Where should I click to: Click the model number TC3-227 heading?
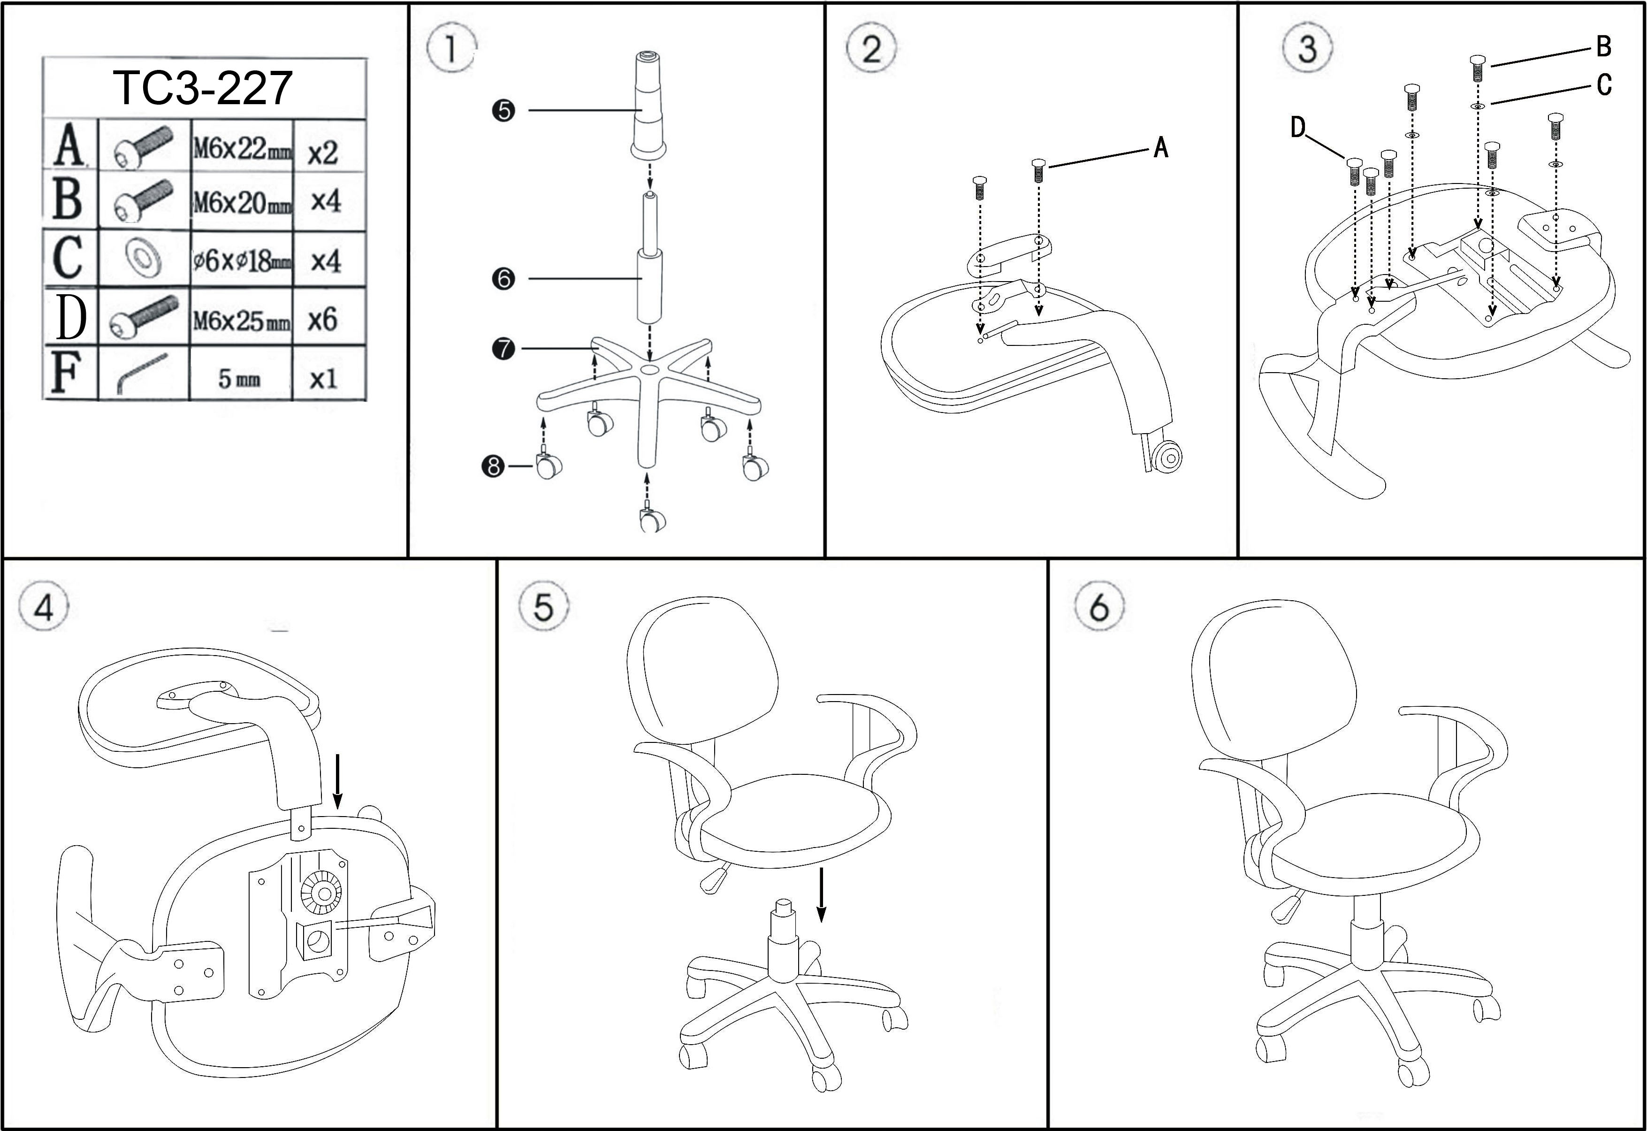203,88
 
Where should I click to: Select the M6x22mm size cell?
242,149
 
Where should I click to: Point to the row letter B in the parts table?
68,199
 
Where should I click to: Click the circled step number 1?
451,50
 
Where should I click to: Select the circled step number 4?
43,607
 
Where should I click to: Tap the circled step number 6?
1099,607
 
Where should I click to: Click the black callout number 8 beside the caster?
493,466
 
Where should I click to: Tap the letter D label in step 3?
1297,128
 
